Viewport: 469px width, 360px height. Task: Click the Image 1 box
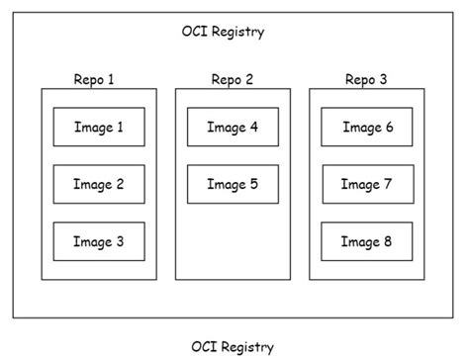click(x=99, y=127)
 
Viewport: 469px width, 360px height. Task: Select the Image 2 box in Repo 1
click(x=99, y=184)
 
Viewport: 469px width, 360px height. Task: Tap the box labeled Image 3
click(x=99, y=241)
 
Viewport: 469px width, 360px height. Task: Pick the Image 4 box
click(x=233, y=127)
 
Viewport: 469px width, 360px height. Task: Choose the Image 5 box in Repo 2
click(x=233, y=184)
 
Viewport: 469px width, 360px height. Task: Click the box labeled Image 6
click(x=367, y=127)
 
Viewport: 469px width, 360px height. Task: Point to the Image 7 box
click(x=367, y=184)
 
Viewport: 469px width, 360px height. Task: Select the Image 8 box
click(x=367, y=241)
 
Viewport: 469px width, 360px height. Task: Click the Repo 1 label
click(x=94, y=78)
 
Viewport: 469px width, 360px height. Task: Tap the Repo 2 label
click(x=233, y=78)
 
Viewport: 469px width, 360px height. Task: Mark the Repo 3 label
click(x=366, y=78)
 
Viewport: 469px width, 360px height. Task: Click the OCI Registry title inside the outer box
click(x=218, y=32)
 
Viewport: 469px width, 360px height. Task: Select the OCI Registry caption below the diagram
click(x=233, y=346)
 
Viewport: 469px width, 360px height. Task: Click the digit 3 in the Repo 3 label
click(x=382, y=78)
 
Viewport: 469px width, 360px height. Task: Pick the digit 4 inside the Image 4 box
click(x=254, y=127)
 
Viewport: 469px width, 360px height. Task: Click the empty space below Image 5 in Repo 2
click(x=233, y=242)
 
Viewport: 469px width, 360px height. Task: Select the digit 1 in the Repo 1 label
click(x=111, y=78)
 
